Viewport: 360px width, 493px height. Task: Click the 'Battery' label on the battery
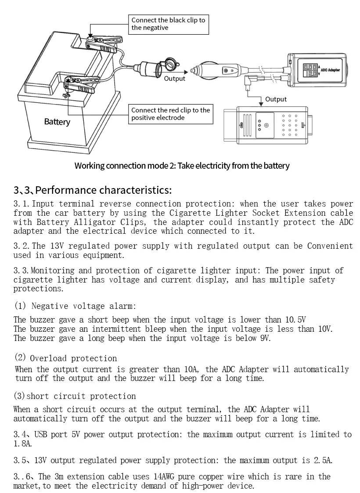(x=57, y=122)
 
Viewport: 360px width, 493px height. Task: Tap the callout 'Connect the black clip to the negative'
(x=168, y=24)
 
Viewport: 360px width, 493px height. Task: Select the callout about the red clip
(x=170, y=114)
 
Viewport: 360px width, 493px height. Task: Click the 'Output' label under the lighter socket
(x=175, y=79)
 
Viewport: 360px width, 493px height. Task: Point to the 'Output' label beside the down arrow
(x=276, y=99)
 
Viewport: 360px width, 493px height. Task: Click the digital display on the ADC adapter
(x=311, y=70)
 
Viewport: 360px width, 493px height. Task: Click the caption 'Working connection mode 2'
(x=182, y=166)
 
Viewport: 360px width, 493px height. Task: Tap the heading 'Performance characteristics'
(x=92, y=190)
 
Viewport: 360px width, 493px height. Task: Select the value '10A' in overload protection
(x=188, y=370)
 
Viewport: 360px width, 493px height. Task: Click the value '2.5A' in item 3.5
(x=323, y=460)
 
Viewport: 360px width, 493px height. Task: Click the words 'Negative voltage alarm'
(x=83, y=306)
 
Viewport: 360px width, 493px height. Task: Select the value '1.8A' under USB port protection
(x=23, y=444)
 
